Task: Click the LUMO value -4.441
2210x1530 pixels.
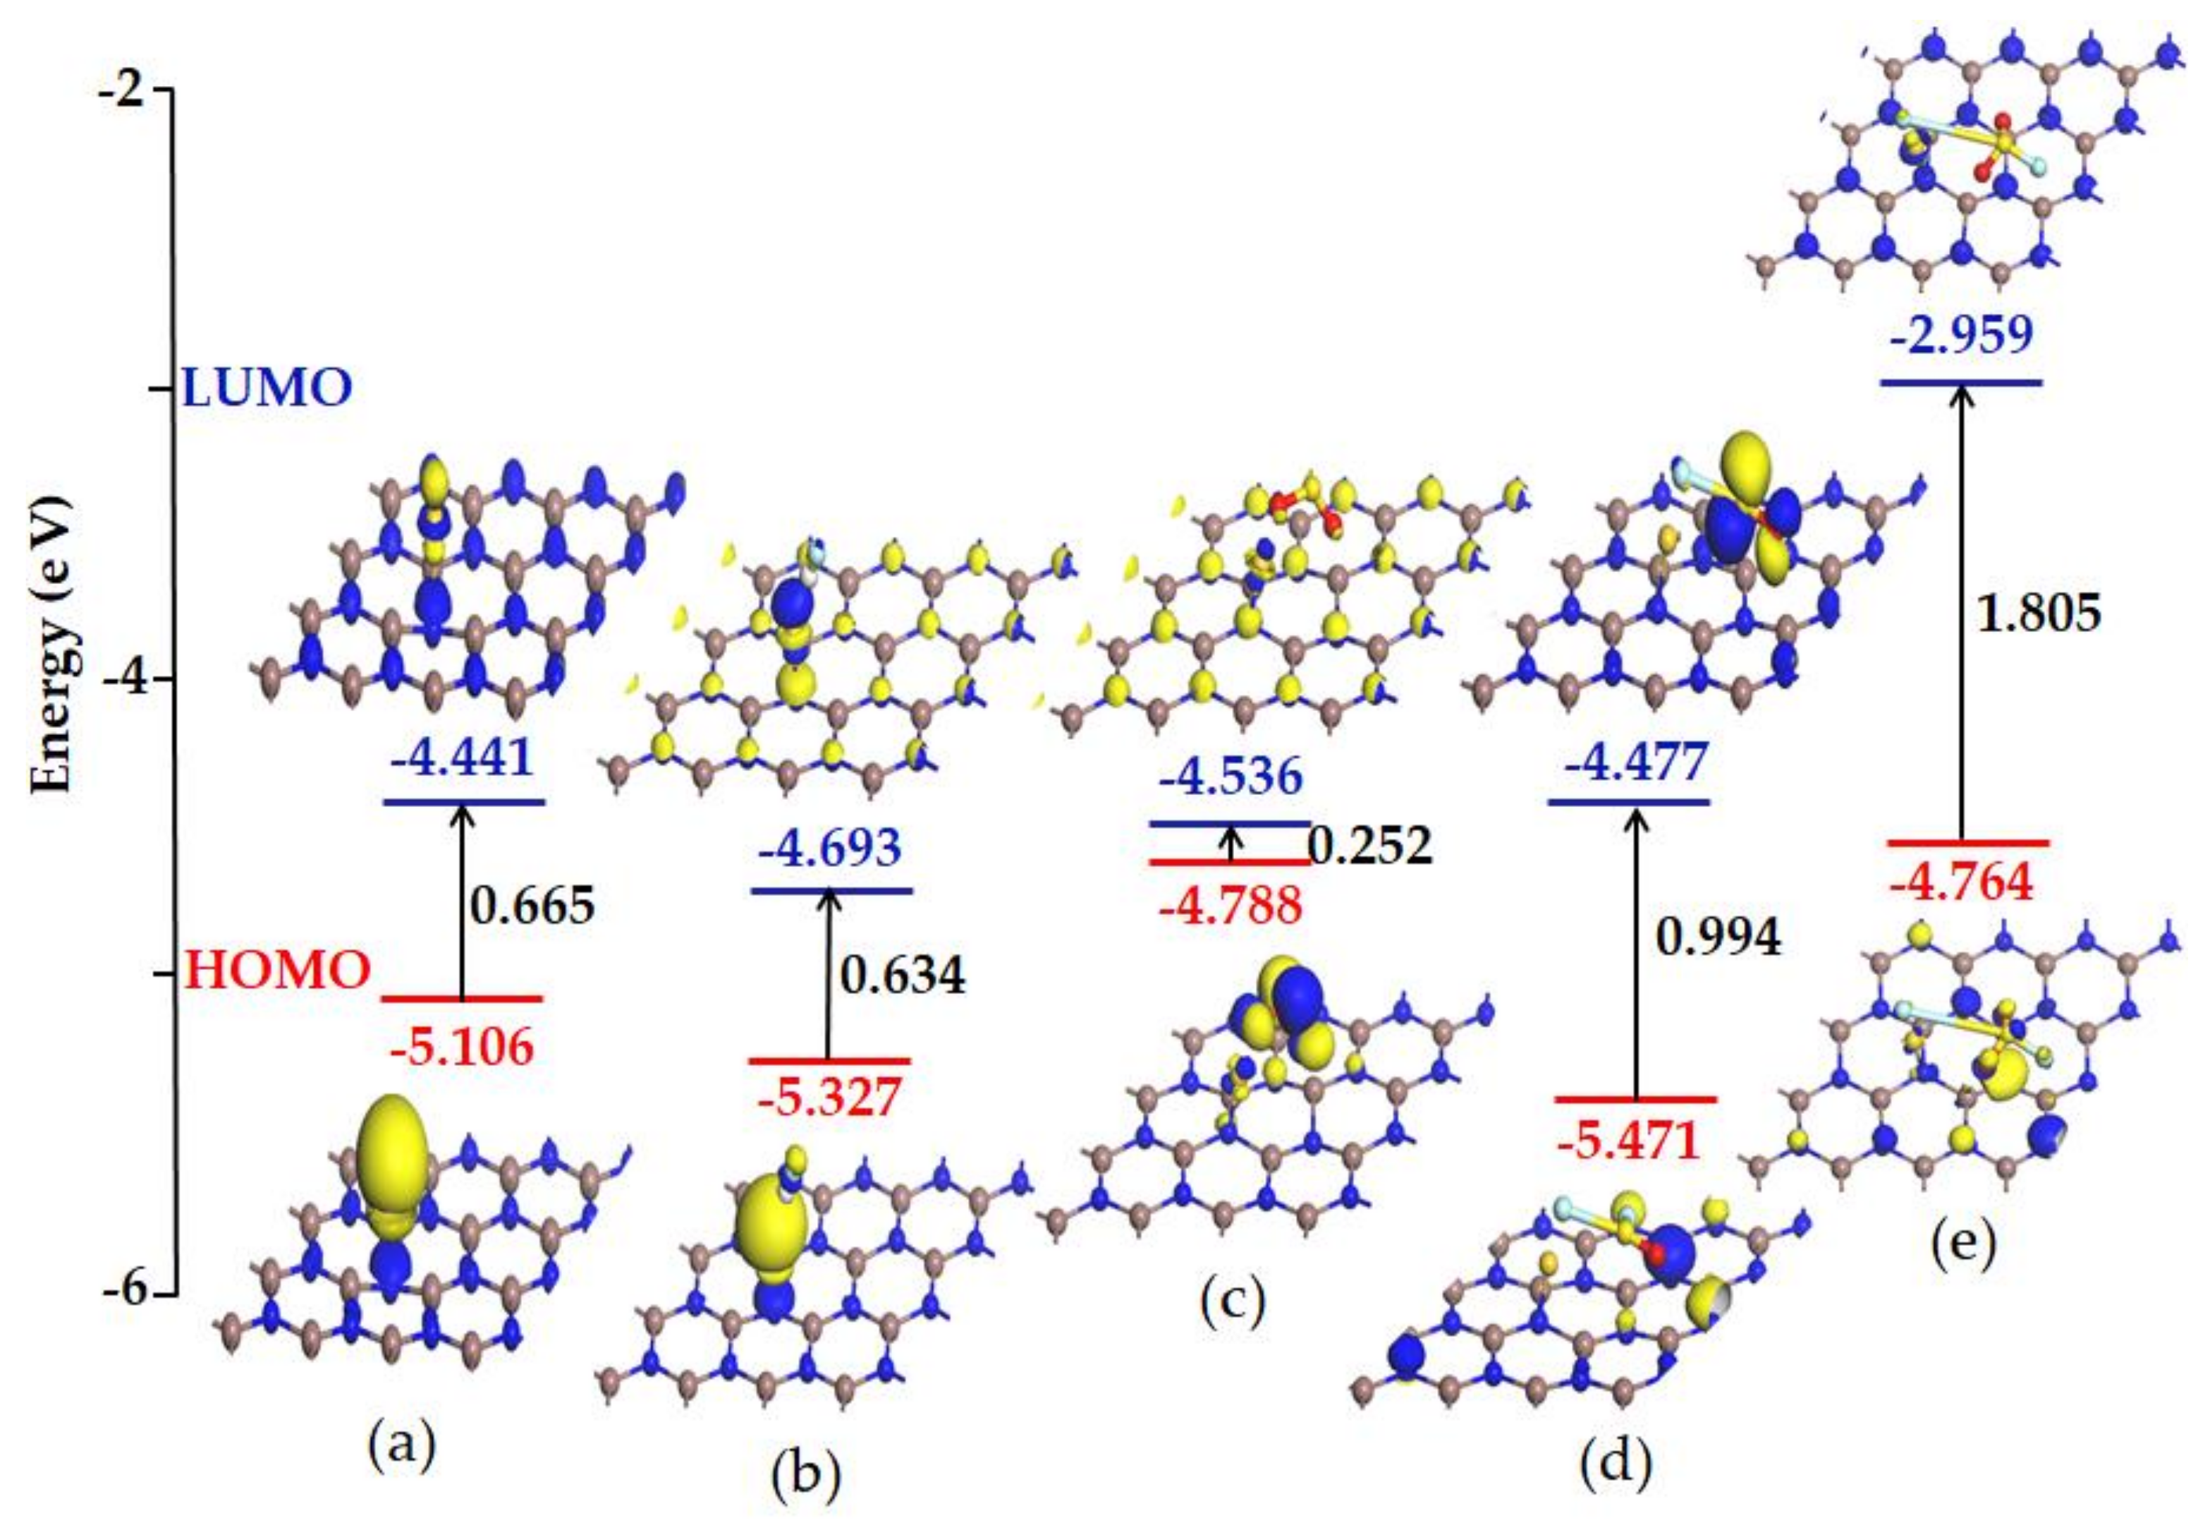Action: [461, 760]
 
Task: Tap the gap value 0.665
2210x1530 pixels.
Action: [532, 905]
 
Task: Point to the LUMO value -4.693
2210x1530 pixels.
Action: [830, 849]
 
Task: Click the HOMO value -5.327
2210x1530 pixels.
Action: [830, 1098]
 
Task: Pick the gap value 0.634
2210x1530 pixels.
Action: [903, 976]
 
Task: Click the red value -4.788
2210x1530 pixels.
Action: [1231, 905]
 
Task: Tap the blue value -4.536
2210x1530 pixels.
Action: [1231, 777]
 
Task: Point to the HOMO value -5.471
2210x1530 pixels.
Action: [1628, 1141]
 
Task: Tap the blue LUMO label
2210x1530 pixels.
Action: [267, 389]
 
